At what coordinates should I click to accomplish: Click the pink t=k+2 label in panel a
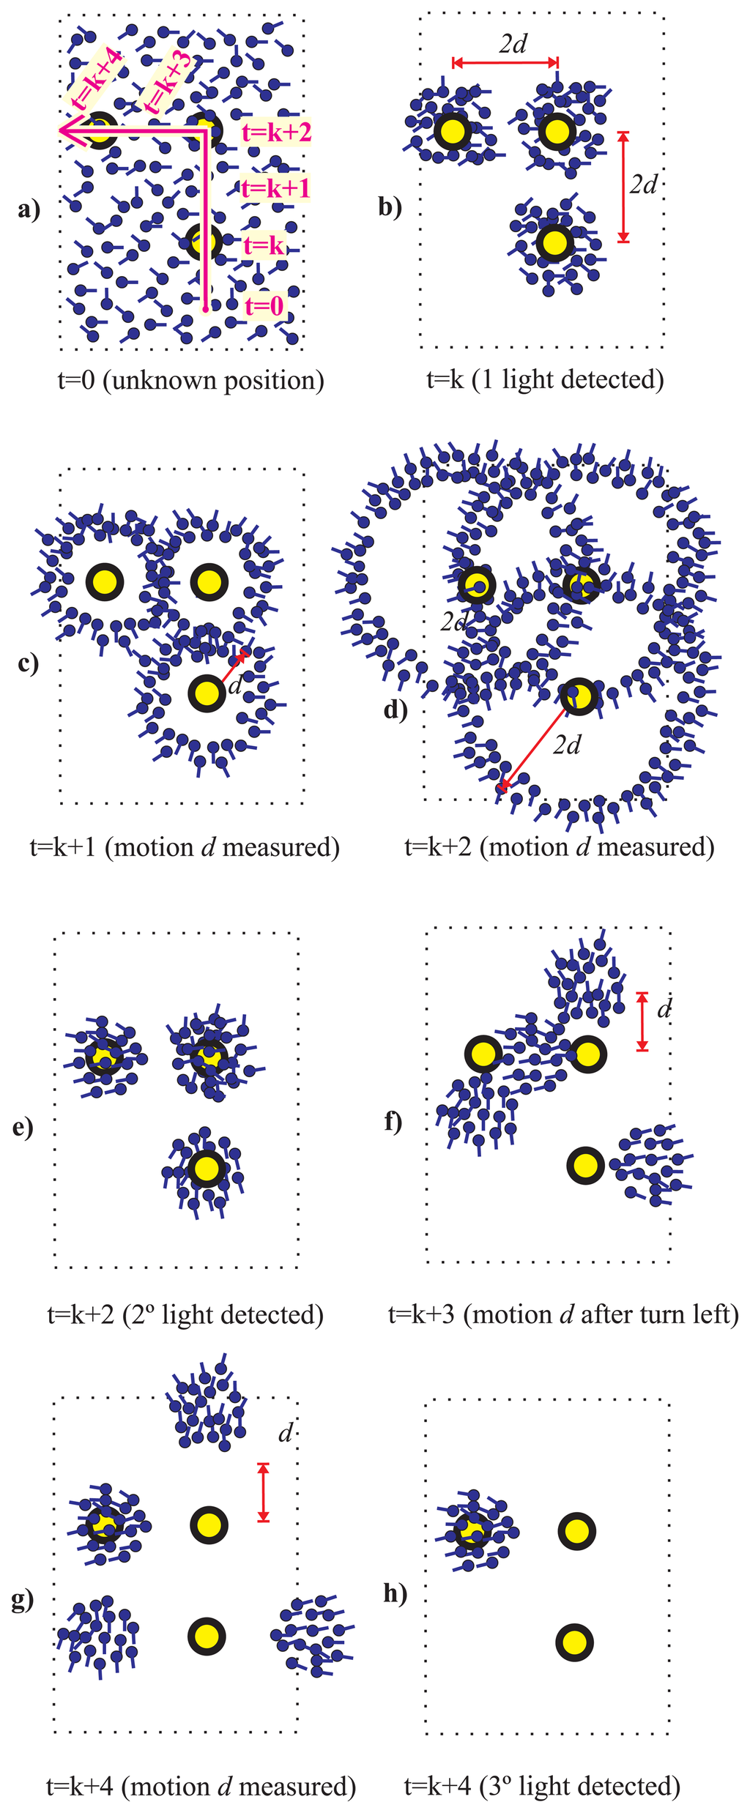[x=276, y=133]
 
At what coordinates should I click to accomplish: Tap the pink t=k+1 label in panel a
[x=275, y=188]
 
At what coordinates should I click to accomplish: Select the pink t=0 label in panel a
[x=264, y=305]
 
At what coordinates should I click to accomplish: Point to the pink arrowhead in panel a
[x=67, y=132]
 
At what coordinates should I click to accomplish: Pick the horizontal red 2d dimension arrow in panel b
[x=505, y=63]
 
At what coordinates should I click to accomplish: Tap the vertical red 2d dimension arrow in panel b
[x=623, y=187]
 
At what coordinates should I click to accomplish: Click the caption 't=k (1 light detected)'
[x=545, y=379]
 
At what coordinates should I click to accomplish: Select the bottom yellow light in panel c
[x=207, y=693]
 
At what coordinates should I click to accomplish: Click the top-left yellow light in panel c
[x=105, y=582]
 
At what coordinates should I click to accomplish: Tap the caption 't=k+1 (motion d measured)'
[x=185, y=847]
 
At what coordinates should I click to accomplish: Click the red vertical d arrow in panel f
[x=642, y=1021]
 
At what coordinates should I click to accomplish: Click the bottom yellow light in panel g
[x=207, y=1637]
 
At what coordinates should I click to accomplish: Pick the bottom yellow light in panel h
[x=574, y=1642]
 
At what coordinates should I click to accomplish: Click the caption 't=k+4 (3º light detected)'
[x=542, y=1787]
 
